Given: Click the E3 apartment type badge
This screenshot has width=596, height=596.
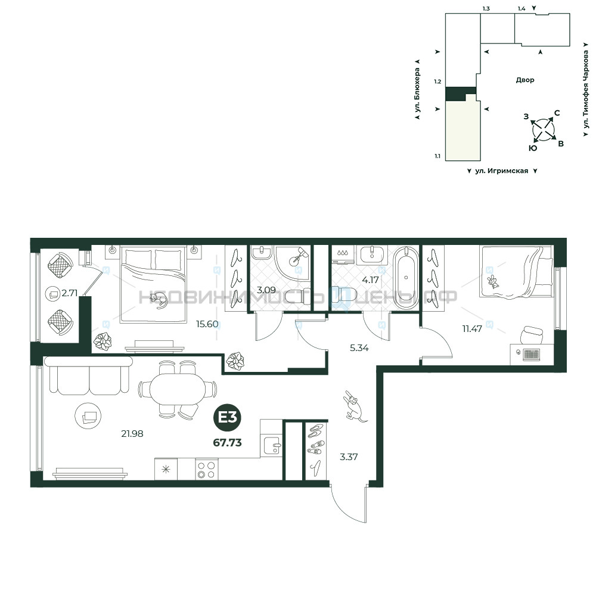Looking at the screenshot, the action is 227,418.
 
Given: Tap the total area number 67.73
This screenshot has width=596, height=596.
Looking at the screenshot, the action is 227,442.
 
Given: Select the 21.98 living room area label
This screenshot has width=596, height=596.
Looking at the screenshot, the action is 132,433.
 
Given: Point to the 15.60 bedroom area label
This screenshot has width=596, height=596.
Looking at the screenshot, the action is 207,324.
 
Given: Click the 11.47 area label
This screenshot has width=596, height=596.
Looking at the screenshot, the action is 472,329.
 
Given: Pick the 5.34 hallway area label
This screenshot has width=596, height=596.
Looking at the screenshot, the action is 359,348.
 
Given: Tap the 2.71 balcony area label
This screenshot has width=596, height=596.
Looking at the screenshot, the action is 70,293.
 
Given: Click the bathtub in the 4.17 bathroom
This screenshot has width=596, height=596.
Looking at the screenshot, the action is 406,278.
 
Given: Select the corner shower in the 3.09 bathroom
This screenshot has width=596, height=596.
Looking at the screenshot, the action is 293,263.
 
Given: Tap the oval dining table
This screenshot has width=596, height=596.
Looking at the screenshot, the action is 178,389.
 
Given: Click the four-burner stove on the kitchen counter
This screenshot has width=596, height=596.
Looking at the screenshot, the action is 206,470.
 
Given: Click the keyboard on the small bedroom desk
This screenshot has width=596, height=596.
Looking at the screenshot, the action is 531,354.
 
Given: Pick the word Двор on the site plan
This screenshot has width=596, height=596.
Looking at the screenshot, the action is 525,80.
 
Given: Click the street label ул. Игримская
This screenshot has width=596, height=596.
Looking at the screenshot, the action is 502,171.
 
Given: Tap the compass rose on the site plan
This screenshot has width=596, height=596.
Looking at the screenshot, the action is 544,130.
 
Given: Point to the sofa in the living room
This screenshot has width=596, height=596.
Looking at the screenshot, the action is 89,375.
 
